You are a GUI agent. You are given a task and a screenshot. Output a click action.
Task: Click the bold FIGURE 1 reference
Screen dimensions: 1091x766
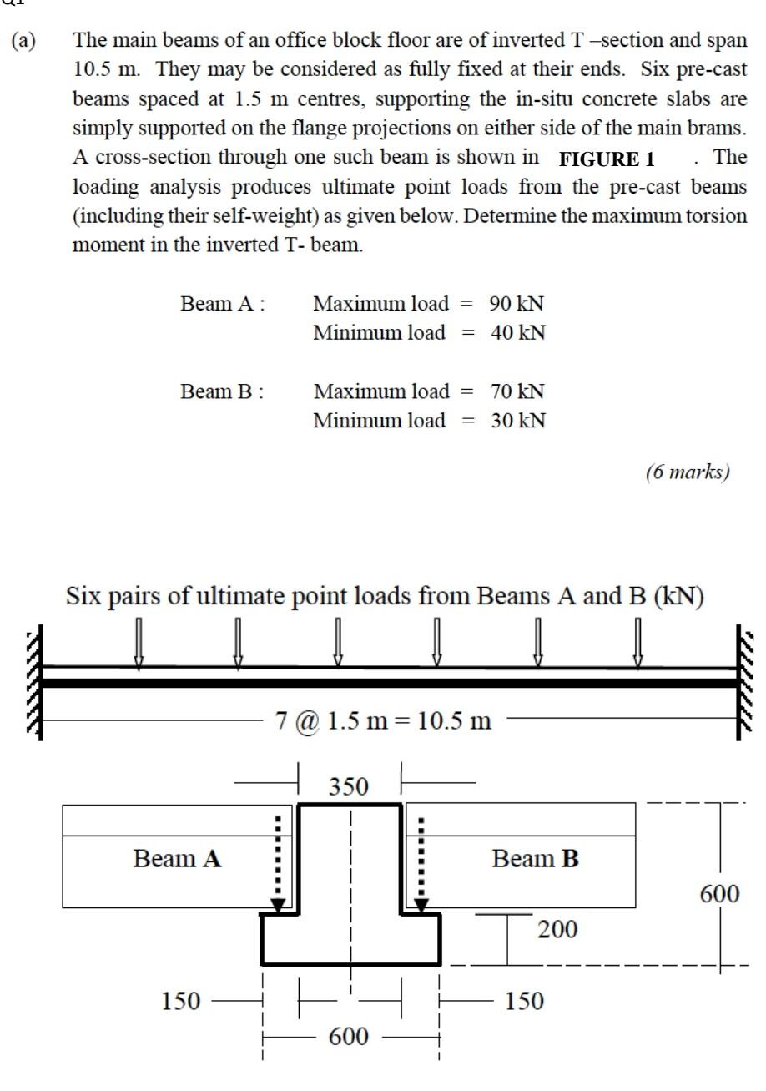[607, 159]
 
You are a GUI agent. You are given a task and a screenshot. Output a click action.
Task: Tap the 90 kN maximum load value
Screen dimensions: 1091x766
[517, 303]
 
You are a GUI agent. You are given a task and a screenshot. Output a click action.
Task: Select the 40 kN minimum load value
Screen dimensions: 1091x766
[518, 332]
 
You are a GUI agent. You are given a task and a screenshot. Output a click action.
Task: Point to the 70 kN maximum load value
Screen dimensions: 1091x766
[517, 391]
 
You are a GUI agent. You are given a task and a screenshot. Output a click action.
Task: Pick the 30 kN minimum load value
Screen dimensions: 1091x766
[518, 420]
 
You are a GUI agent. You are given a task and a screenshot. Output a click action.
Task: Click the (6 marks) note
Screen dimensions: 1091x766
[688, 472]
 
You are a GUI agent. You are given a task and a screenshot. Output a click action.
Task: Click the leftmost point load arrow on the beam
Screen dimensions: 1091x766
[139, 643]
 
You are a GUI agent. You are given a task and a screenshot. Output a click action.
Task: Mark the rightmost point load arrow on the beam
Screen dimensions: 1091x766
[638, 643]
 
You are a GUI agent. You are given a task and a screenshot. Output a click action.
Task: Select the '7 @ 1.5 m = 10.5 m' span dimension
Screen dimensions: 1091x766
[383, 720]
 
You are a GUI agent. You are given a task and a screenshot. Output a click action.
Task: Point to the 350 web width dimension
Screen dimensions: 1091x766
[348, 786]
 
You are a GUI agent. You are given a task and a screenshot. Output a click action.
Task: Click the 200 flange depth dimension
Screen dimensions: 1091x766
[557, 929]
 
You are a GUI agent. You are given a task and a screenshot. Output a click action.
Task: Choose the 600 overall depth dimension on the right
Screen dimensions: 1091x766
[719, 894]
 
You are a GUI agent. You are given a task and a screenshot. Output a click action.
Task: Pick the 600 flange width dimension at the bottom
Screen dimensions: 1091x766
[348, 1037]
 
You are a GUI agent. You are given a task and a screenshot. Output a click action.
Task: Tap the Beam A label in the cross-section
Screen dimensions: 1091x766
[177, 858]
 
